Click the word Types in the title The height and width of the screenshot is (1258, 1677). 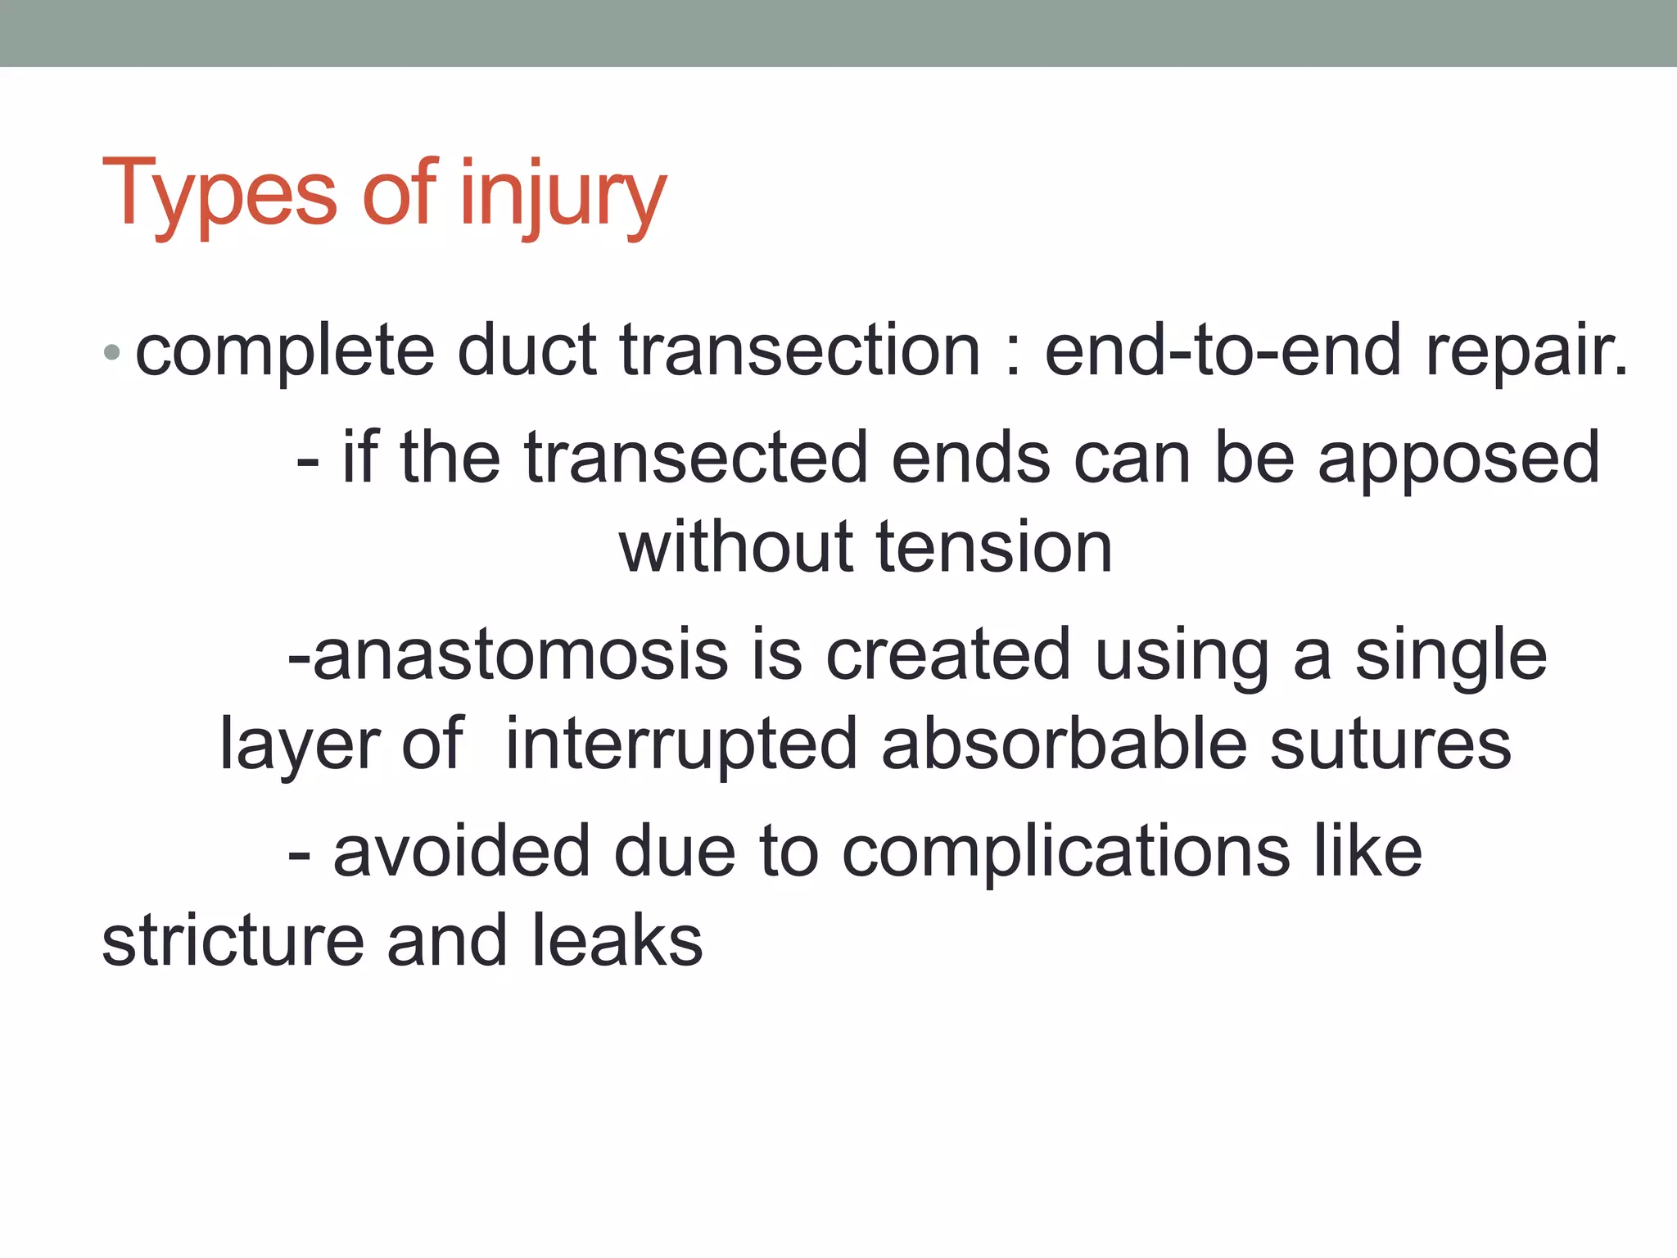click(x=219, y=195)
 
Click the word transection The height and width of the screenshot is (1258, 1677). click(x=800, y=351)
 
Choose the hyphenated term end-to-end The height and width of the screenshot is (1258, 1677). click(x=1223, y=351)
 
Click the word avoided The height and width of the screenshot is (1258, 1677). click(x=462, y=852)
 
